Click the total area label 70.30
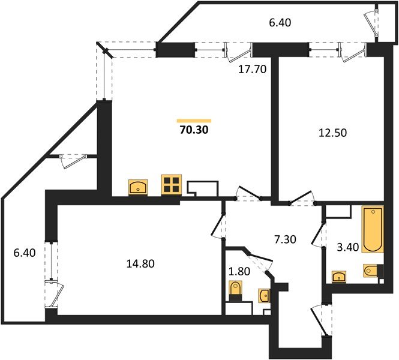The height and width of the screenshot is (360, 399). (195, 128)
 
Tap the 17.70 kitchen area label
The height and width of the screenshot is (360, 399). (252, 68)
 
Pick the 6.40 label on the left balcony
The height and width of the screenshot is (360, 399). (24, 253)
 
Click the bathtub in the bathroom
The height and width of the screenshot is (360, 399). (372, 229)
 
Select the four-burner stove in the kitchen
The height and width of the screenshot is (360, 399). (170, 184)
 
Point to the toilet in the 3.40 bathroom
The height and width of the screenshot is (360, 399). (371, 271)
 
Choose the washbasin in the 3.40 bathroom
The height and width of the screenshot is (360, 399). (340, 277)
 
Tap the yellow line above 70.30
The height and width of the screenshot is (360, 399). (195, 120)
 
